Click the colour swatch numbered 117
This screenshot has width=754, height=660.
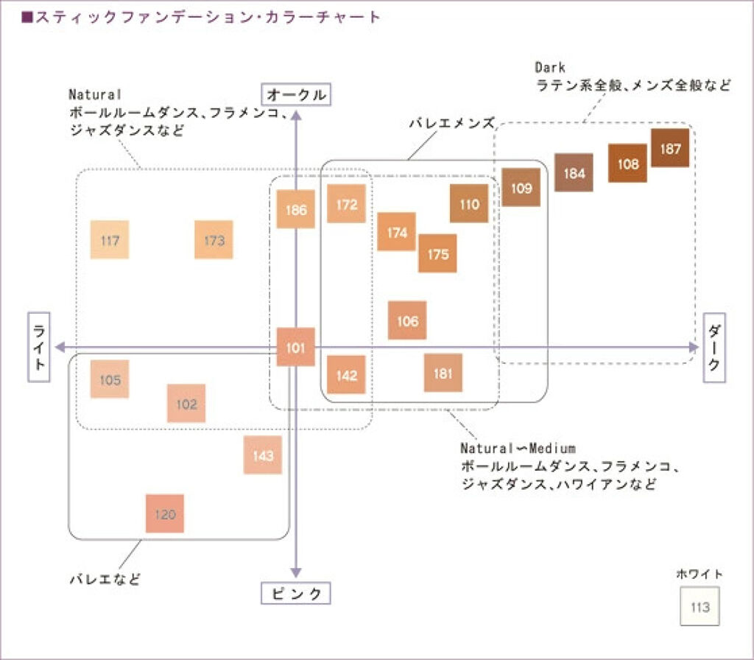[x=110, y=239]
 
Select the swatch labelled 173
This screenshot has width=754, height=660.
[x=214, y=239]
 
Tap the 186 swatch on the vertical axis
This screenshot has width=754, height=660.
[x=295, y=209]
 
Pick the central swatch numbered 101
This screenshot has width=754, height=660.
[x=295, y=347]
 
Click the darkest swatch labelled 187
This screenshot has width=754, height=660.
[x=670, y=148]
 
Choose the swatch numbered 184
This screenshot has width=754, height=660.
[x=574, y=173]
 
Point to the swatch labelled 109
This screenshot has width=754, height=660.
[x=521, y=187]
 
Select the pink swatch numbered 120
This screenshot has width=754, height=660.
[x=164, y=513]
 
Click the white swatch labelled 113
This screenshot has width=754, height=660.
[x=700, y=607]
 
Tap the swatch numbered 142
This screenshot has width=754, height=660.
[x=346, y=375]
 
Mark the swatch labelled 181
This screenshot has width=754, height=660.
[x=443, y=373]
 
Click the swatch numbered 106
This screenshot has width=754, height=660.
[x=407, y=320]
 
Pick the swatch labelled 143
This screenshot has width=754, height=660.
[x=263, y=455]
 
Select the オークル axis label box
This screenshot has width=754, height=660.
[x=295, y=95]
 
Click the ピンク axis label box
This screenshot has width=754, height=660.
[x=295, y=594]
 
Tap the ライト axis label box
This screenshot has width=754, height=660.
[x=39, y=347]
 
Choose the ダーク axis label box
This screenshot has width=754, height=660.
[x=714, y=347]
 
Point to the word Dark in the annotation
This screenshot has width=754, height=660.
[x=550, y=68]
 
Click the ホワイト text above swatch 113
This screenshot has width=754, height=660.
[x=700, y=574]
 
